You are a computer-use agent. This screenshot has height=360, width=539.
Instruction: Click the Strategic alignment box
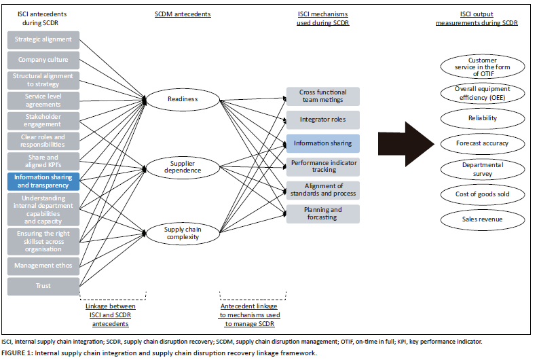[x=43, y=39]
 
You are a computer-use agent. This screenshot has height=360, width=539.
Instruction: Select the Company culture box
[x=43, y=60]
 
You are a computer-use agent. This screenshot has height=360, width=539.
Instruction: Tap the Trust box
[x=43, y=285]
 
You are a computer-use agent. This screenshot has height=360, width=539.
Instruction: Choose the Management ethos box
[x=43, y=265]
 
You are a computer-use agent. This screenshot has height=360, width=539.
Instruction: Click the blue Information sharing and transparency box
[x=43, y=181]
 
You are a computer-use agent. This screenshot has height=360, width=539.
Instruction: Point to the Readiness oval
[x=182, y=99]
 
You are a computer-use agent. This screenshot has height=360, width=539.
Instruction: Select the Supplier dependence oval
[x=182, y=167]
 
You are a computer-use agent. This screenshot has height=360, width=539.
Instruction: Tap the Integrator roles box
[x=322, y=120]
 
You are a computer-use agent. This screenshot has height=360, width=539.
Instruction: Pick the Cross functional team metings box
[x=322, y=96]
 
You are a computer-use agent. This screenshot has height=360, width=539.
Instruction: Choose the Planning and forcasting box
[x=322, y=214]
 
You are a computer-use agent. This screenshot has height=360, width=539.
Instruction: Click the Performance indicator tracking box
[x=322, y=166]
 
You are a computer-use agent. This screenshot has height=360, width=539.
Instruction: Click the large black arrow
[x=405, y=143]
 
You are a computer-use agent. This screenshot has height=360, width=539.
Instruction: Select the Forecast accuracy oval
[x=483, y=143]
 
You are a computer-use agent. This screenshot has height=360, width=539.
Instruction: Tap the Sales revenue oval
[x=483, y=220]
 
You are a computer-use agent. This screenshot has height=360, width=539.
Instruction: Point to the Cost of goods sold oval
[x=483, y=194]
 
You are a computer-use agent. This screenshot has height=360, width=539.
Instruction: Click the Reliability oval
[x=483, y=118]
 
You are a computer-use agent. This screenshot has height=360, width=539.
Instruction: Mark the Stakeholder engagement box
[x=43, y=120]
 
